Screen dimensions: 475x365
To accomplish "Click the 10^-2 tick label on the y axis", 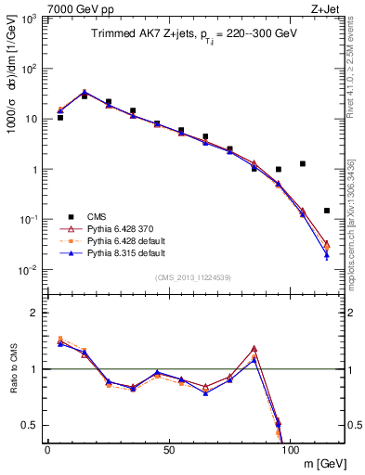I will tap(27, 270).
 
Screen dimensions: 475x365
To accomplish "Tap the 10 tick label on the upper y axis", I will tap(30, 119).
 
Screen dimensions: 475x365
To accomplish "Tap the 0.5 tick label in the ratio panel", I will tap(28, 425).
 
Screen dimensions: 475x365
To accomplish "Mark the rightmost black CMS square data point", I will tap(327, 211).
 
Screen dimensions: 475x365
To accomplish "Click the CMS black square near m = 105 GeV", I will tap(303, 164).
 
